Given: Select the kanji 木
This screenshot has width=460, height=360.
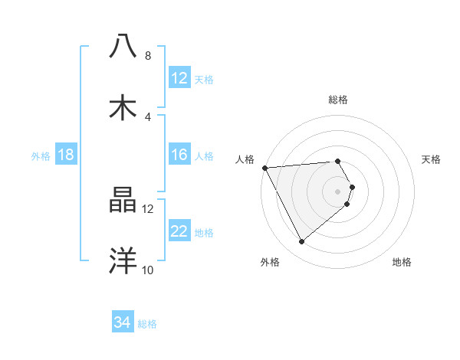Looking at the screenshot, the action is (123, 108).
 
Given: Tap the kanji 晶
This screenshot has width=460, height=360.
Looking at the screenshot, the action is (123, 201).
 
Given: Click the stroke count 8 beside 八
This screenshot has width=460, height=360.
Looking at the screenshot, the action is (148, 56).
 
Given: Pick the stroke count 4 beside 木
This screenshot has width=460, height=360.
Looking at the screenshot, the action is (148, 117).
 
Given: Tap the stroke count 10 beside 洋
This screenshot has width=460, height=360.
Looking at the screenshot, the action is (148, 270).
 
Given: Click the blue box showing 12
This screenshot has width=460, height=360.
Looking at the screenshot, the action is (179, 78).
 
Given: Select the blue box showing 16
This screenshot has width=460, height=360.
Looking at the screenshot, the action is (179, 155).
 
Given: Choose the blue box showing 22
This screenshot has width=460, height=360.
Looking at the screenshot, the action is (179, 231).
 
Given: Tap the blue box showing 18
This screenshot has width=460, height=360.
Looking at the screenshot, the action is (66, 155).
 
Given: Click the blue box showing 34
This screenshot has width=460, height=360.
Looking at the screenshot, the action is (123, 322).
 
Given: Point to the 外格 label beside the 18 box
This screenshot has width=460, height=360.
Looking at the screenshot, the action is (41, 155).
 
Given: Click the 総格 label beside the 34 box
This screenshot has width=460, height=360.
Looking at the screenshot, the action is (147, 324).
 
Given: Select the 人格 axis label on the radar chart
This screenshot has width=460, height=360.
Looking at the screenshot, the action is (245, 159).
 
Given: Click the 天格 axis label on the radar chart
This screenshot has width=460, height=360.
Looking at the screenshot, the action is (432, 159).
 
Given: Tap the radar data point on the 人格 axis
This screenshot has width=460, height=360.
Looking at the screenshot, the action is (264, 168).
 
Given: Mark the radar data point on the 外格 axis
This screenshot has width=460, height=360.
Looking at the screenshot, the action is (301, 241).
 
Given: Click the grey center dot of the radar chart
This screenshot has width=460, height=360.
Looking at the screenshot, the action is (337, 191).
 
